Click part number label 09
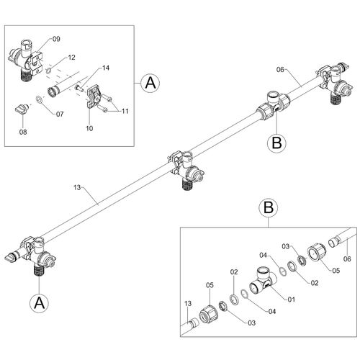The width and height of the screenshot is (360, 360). click(56, 39)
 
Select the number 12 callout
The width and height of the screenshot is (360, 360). click(71, 58)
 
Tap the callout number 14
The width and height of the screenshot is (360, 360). click(106, 68)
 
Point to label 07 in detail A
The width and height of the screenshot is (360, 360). click(60, 114)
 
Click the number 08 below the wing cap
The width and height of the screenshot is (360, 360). click(23, 132)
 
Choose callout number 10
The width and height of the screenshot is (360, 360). click(89, 128)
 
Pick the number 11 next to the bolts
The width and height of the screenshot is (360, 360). click(125, 111)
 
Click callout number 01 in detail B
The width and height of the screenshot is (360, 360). click(291, 300)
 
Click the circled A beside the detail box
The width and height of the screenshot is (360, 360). click(150, 83)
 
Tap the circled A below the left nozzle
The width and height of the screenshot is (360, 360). click(39, 303)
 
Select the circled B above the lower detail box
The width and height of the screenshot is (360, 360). click(269, 207)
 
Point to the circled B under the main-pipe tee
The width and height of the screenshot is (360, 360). click(276, 143)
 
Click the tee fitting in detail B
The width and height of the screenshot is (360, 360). click(263, 282)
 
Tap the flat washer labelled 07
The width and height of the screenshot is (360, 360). click(40, 99)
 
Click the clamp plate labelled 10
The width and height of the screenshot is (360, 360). click(93, 98)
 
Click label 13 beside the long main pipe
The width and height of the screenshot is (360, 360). click(77, 187)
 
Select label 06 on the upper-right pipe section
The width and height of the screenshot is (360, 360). click(280, 70)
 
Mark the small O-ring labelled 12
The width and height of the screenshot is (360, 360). click(48, 71)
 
